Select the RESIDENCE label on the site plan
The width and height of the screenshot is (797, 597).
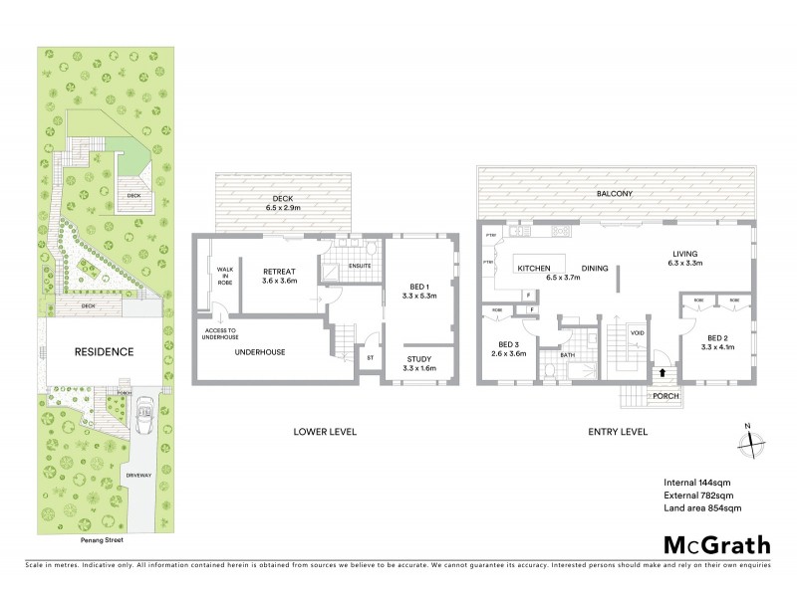point(104,352)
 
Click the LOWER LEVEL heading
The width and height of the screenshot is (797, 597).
point(325,431)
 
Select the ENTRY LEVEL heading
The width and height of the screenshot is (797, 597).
point(619,431)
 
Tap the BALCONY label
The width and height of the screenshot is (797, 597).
point(615,193)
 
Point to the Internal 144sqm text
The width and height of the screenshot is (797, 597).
point(697,481)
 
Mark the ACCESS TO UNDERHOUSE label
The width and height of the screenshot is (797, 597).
point(221,334)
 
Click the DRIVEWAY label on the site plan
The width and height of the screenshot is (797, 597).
point(138,477)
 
